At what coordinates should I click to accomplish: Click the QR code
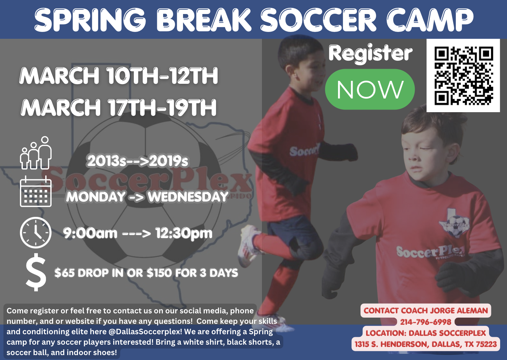click(x=463, y=76)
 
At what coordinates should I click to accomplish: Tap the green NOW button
click(x=370, y=89)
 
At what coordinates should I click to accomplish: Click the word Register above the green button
click(x=370, y=53)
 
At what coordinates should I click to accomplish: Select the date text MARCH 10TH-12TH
click(x=119, y=76)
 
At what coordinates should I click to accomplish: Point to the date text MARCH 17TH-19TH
click(x=119, y=108)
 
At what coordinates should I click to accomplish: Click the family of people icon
click(x=36, y=153)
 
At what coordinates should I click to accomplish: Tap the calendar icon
click(x=36, y=192)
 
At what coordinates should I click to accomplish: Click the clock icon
click(x=36, y=233)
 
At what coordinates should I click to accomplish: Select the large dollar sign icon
click(x=36, y=272)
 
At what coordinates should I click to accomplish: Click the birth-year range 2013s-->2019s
click(x=138, y=161)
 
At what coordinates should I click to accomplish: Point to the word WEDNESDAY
click(x=188, y=197)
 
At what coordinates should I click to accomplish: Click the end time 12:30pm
click(x=184, y=233)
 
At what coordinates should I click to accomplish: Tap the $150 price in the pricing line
click(x=159, y=273)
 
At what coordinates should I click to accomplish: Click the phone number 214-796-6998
click(x=425, y=322)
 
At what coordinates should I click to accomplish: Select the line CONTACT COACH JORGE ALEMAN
click(x=425, y=310)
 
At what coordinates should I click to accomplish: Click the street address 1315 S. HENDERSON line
click(x=425, y=344)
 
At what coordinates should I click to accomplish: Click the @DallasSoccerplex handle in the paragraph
click(x=145, y=332)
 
